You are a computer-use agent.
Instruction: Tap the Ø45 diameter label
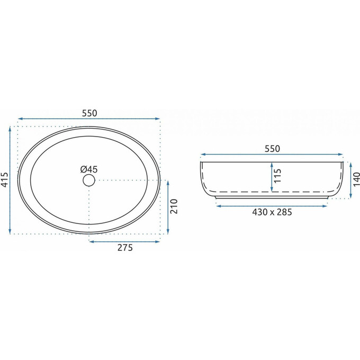(89, 169)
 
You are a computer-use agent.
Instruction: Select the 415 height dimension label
(5, 180)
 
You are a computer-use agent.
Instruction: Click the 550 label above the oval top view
(89, 113)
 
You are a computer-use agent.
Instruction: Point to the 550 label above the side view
(272, 149)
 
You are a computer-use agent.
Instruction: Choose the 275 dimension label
(125, 248)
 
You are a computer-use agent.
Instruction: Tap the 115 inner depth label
(277, 176)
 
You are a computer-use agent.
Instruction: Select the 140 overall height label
(356, 179)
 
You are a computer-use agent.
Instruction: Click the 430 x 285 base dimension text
(272, 212)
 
